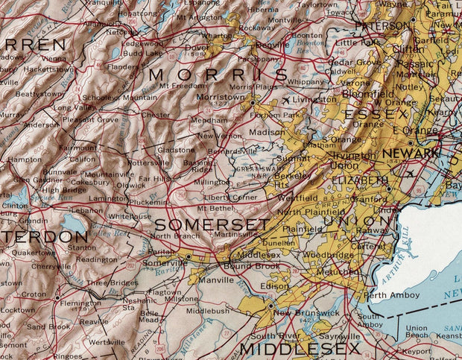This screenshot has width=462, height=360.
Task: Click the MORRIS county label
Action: coord(218,75)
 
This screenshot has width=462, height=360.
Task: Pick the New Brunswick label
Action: coord(296,312)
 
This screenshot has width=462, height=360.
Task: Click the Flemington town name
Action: coord(80,304)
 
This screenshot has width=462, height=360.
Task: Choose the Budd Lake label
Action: coord(142,54)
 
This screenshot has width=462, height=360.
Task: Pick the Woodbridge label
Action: coord(328,255)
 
